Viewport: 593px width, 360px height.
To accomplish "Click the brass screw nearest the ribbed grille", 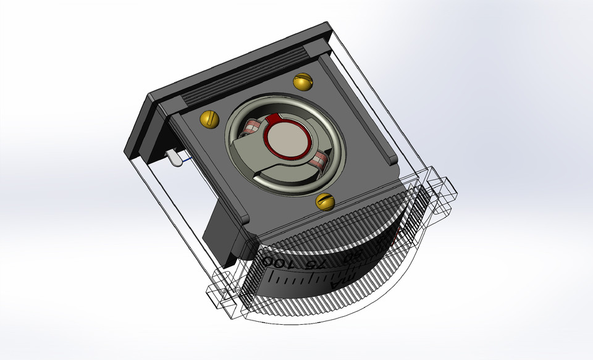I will (x=303, y=80).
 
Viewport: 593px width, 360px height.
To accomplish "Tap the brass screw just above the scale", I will (x=325, y=201).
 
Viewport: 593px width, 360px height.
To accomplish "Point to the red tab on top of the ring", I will (x=277, y=119).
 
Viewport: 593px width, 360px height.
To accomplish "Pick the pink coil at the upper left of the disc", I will (x=253, y=128).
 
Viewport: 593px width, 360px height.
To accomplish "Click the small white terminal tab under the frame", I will (x=174, y=159).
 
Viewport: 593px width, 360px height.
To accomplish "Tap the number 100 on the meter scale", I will (x=276, y=262).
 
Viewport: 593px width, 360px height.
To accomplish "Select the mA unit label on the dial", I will (x=339, y=282).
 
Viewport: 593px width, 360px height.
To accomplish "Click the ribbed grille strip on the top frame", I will (x=247, y=80).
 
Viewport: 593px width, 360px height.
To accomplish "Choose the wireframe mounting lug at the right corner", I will (x=444, y=191).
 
